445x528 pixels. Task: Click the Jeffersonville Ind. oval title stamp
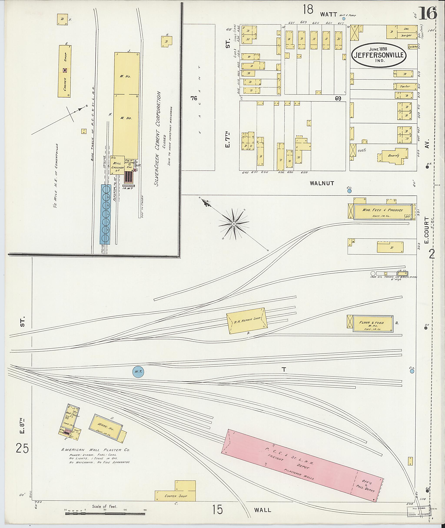tap(379, 55)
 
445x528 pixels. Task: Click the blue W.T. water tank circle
tap(138, 371)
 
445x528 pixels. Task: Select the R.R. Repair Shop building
tap(247, 321)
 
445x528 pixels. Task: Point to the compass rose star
tap(234, 224)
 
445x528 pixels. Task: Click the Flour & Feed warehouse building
tap(373, 324)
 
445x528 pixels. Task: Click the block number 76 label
tap(194, 98)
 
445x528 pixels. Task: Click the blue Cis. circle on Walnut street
tap(349, 191)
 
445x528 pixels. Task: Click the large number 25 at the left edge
tap(22, 449)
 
